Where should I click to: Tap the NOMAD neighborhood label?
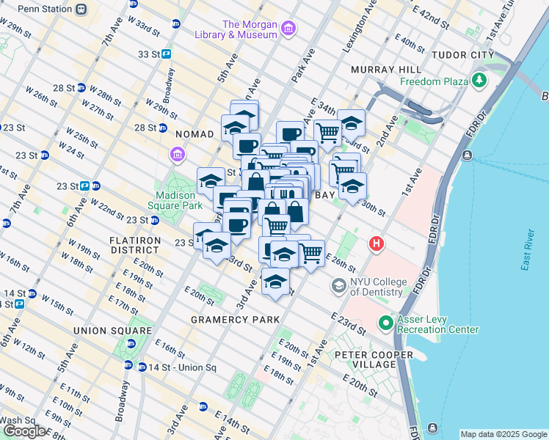pos(194,134)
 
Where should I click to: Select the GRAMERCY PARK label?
pos(235,320)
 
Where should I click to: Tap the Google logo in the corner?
pos(24,431)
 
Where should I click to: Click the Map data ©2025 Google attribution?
pos(503,434)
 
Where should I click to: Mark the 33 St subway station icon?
pos(167,54)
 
